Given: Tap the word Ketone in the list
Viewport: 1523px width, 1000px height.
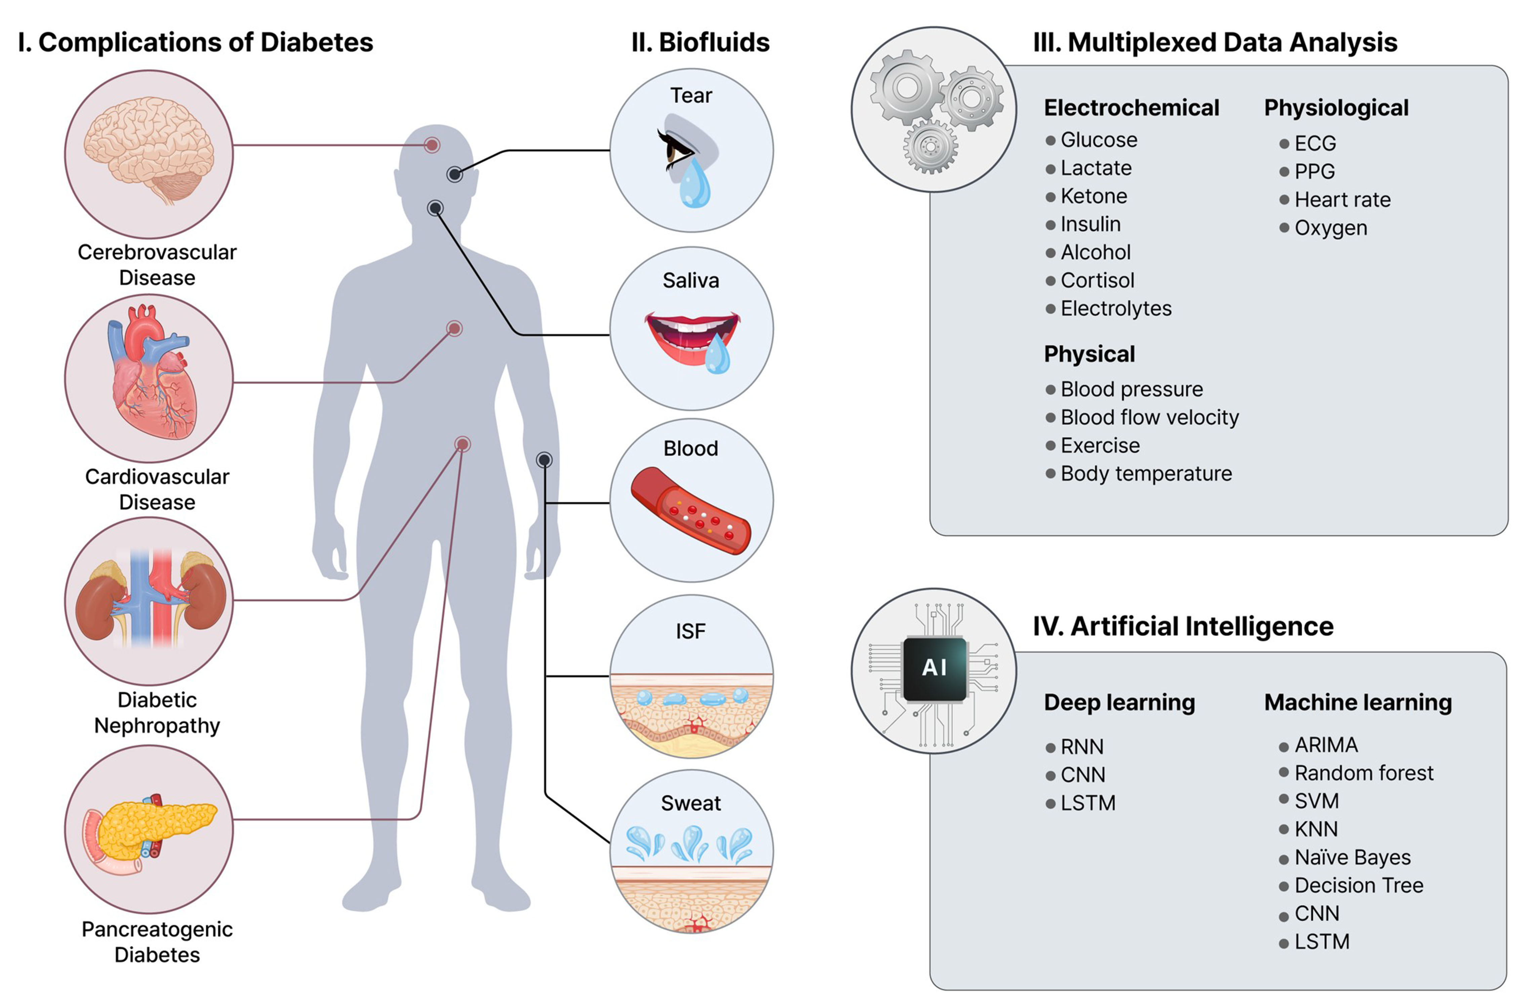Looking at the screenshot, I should (x=1094, y=196).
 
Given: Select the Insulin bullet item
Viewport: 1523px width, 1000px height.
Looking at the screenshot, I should (x=1090, y=224).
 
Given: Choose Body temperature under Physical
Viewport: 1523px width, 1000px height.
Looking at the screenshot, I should (x=1146, y=474).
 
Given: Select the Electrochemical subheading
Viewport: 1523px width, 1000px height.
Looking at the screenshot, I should (x=1131, y=108).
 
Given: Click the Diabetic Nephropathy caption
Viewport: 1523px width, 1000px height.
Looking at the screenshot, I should (x=157, y=713).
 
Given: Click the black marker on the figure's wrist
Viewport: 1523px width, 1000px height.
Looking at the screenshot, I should (x=544, y=460).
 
